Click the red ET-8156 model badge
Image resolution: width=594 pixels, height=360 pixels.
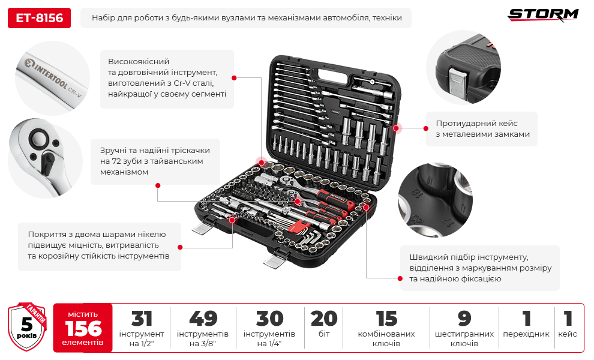(x=39, y=18)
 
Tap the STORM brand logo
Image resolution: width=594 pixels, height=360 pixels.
(x=543, y=15)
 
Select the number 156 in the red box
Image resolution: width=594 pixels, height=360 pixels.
(x=83, y=328)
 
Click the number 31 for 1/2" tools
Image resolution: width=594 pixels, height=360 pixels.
(x=142, y=319)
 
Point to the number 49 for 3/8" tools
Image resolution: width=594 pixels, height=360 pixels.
(x=203, y=319)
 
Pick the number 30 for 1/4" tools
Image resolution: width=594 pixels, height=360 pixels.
(x=269, y=319)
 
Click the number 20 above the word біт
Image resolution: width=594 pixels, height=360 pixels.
(x=324, y=319)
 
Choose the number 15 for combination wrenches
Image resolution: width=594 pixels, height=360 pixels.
(x=386, y=319)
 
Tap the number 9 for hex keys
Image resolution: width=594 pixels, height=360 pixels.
(x=464, y=319)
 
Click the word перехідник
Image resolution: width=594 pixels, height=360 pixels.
(x=526, y=334)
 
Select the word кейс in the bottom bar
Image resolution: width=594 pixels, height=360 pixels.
(x=568, y=334)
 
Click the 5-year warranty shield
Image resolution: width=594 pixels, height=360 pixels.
(x=27, y=326)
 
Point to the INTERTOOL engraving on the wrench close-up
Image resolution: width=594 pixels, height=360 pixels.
(x=51, y=75)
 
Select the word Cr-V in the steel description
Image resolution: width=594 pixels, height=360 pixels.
(x=182, y=83)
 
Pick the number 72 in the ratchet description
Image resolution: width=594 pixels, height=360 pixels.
(x=116, y=161)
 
